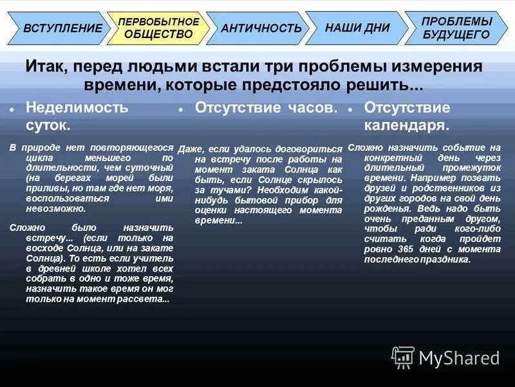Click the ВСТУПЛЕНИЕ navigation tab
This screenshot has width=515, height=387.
coord(62,28)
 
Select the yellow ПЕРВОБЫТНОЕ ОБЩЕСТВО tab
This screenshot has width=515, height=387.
coord(158,28)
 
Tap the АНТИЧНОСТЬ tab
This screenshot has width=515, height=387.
coord(261,28)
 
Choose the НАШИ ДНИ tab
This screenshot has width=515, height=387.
coord(357,28)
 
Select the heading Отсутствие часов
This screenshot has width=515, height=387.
coord(266,108)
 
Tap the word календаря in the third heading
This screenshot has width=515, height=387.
coord(406,124)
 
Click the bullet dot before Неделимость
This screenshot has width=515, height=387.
coord(12,110)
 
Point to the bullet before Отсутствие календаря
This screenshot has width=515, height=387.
coord(350,110)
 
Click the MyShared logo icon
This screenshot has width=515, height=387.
coord(403,357)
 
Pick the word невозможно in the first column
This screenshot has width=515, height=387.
coord(57,209)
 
